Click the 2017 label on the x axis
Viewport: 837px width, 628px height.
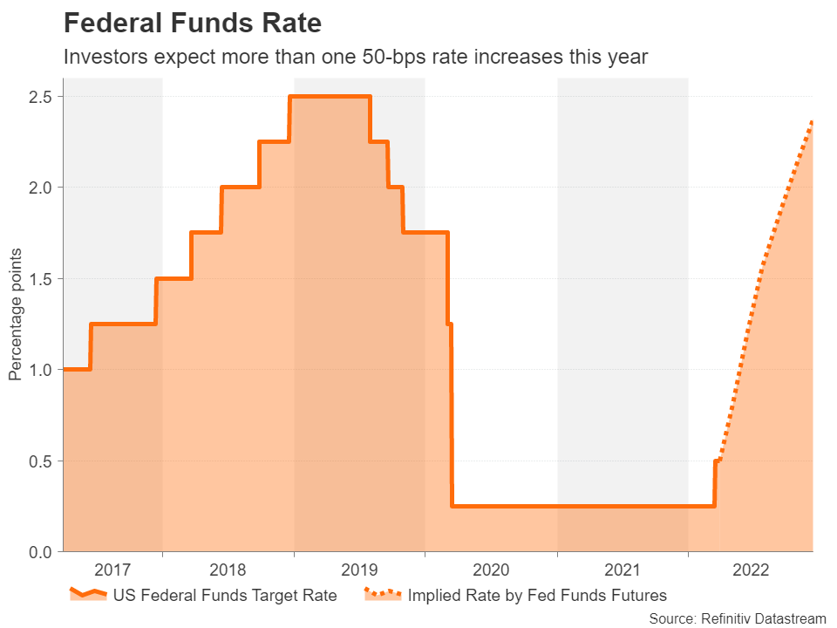tap(112, 571)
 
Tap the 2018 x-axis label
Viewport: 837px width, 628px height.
tap(228, 571)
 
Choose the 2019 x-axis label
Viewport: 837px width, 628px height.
tap(359, 571)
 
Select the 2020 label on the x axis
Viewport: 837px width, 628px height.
tap(490, 571)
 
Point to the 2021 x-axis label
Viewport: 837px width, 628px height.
tap(622, 571)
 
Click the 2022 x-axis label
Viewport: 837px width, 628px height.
tap(751, 571)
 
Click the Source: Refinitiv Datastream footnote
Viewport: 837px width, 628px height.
tap(737, 618)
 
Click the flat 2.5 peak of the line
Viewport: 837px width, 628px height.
tap(330, 96)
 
